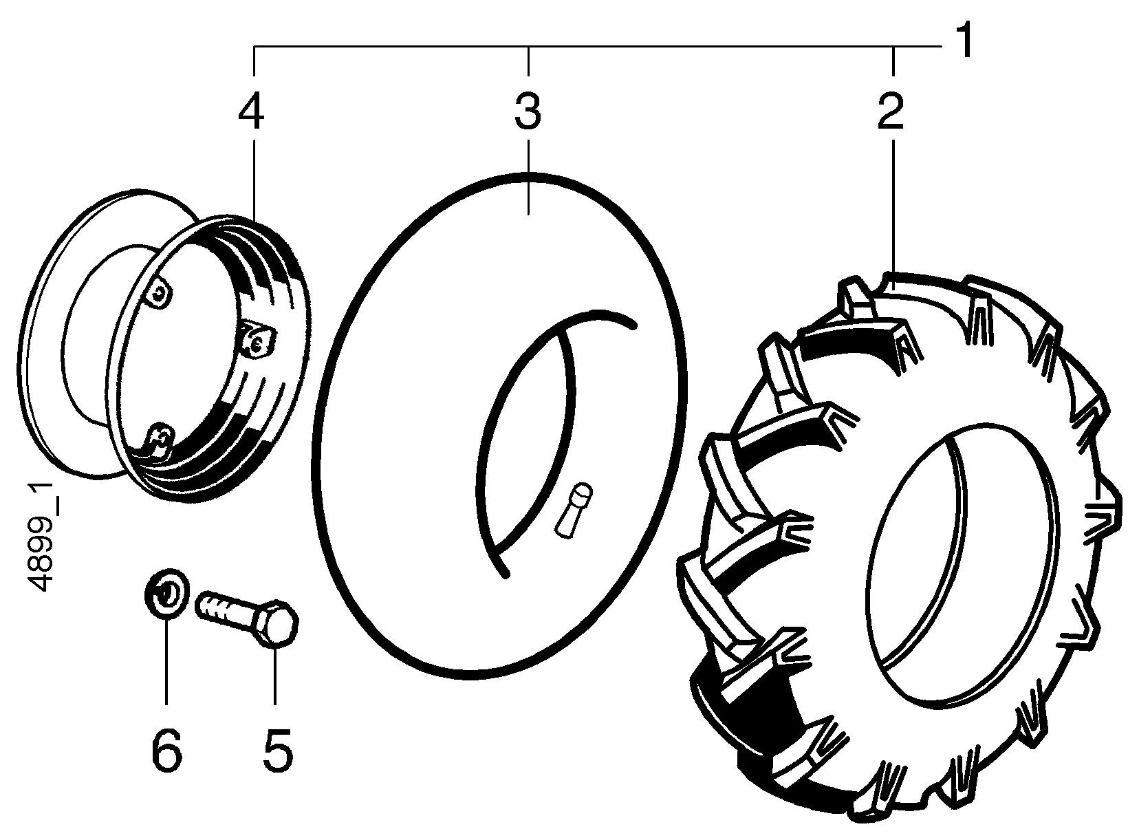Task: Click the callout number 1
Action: (964, 40)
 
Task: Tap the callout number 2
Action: (891, 111)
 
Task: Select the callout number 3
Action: (528, 111)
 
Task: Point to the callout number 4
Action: (251, 111)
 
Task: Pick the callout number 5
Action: (278, 751)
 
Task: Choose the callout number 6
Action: (166, 751)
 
